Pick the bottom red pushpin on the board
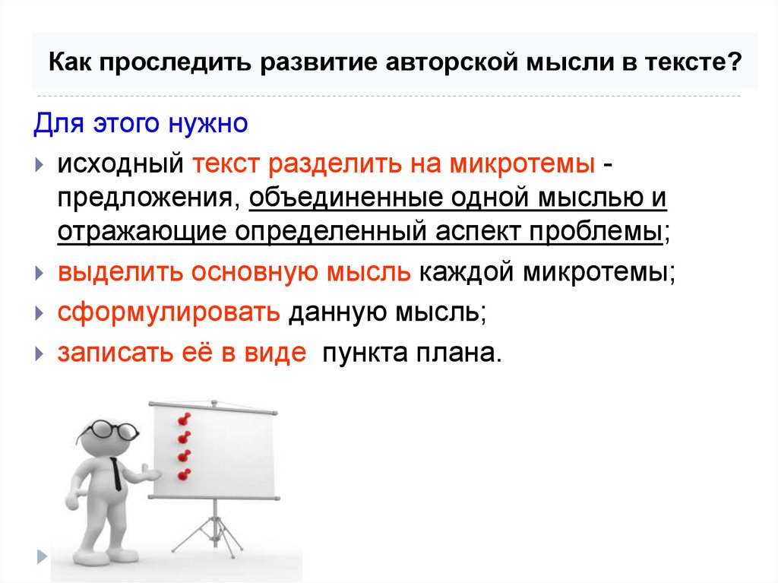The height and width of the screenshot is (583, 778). tap(182, 475)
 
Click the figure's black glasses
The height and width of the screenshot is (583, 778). tap(111, 429)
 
